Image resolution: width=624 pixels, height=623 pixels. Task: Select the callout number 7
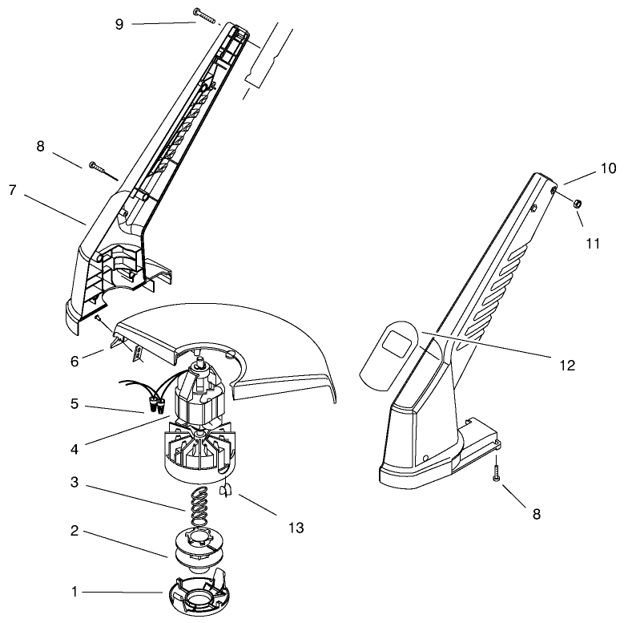tap(12, 192)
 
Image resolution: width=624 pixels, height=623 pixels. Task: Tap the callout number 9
tap(119, 23)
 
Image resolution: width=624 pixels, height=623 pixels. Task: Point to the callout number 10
tap(609, 169)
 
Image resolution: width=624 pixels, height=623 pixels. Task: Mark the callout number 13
tap(296, 528)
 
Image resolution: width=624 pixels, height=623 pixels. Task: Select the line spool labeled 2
tap(195, 546)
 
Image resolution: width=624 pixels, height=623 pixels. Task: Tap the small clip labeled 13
tap(225, 488)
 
